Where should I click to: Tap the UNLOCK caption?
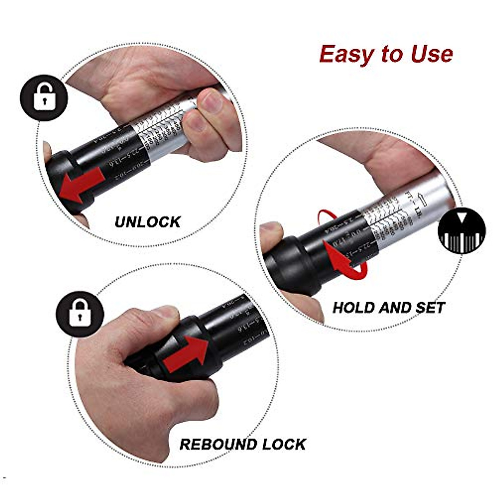[148, 222]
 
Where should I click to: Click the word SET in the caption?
[430, 308]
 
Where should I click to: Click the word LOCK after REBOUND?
[284, 444]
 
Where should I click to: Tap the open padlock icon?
[44, 98]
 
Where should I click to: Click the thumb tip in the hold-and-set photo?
[271, 229]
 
